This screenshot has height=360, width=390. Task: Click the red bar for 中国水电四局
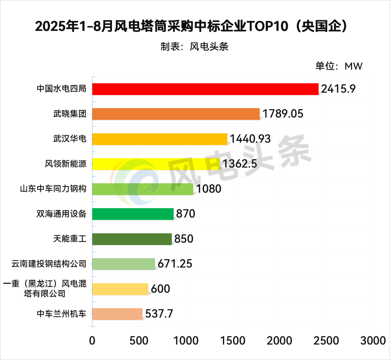pyautogui.click(x=205, y=89)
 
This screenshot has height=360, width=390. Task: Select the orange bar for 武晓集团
pyautogui.click(x=176, y=114)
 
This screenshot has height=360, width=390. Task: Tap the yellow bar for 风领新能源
pyautogui.click(x=156, y=164)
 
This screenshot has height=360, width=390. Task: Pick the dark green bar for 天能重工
pyautogui.click(x=132, y=239)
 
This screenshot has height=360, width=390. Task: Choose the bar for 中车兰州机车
pyautogui.click(x=117, y=314)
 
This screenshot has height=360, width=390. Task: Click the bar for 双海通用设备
pyautogui.click(x=133, y=214)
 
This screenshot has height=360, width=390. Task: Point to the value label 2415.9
pyautogui.click(x=338, y=89)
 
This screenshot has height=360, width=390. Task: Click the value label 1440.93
pyautogui.click(x=250, y=139)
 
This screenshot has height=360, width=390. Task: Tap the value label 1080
pyautogui.click(x=208, y=189)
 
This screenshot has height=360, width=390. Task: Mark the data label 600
pyautogui.click(x=160, y=289)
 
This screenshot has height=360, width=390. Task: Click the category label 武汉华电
pyautogui.click(x=69, y=139)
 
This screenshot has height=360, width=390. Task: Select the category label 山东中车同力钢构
pyautogui.click(x=53, y=189)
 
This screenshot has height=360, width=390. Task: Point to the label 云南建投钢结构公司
pyautogui.click(x=49, y=264)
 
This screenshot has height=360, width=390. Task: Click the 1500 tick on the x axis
pyautogui.click(x=233, y=340)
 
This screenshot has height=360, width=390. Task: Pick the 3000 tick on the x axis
pyautogui.click(x=373, y=340)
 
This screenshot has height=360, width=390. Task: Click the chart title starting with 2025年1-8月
pyautogui.click(x=192, y=26)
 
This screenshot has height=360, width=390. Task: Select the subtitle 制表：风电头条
pyautogui.click(x=195, y=47)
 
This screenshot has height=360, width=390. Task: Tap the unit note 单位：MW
pyautogui.click(x=339, y=66)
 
